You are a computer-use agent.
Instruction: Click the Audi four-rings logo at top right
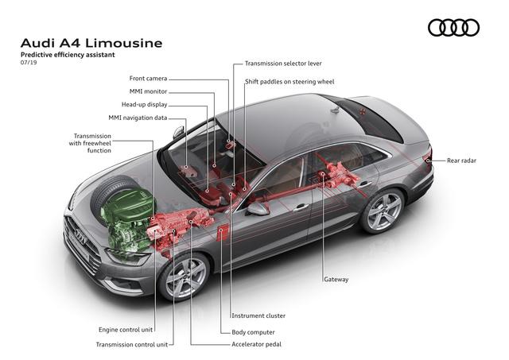(x=453, y=28)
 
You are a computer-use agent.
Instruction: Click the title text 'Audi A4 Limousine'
(x=91, y=43)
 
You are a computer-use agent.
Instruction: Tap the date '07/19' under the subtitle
(x=29, y=63)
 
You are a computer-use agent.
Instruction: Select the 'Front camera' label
(x=148, y=79)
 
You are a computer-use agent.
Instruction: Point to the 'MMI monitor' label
(x=149, y=91)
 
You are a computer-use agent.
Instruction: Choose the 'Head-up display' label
(x=145, y=105)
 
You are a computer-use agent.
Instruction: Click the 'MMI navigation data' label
(x=138, y=118)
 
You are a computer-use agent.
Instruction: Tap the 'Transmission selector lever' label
(x=283, y=64)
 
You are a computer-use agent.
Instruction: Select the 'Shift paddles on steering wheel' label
(x=289, y=82)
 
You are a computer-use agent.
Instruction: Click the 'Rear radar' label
(x=461, y=161)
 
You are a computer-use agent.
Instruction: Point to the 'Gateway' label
(x=336, y=279)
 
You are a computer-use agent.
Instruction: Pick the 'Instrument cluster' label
(x=258, y=315)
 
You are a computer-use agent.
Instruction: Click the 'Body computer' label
(x=253, y=332)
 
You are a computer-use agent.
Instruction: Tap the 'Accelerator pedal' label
(x=256, y=344)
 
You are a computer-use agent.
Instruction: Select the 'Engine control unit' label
(x=126, y=330)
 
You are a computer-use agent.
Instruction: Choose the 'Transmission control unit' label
(x=132, y=344)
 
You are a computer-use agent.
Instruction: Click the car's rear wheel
(x=383, y=211)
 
